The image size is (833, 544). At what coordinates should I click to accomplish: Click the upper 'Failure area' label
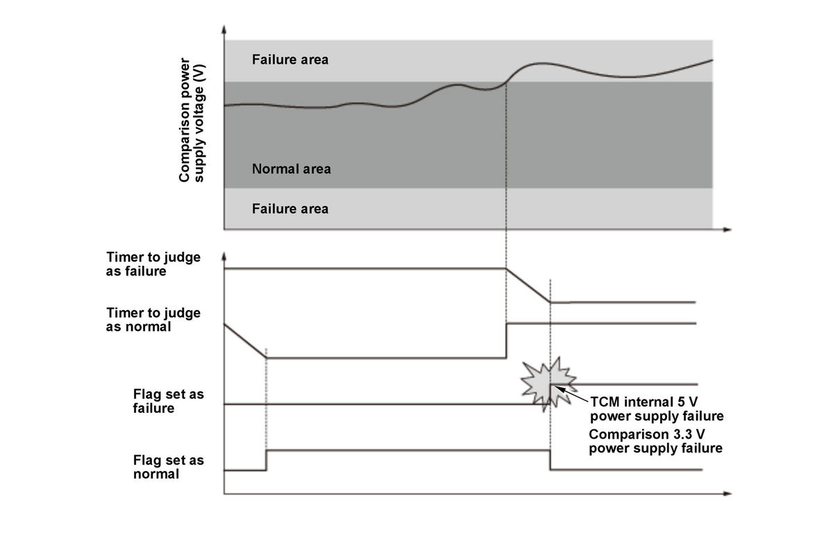tap(290, 60)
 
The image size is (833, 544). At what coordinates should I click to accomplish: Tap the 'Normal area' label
tap(292, 169)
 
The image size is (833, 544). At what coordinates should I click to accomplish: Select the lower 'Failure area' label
tap(290, 208)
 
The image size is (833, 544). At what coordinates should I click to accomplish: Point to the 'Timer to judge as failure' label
tap(153, 264)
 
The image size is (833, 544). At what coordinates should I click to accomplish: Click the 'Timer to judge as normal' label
tap(153, 319)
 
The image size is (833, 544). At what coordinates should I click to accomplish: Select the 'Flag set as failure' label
tap(168, 401)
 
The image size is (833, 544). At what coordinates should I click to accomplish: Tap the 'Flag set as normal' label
tap(168, 466)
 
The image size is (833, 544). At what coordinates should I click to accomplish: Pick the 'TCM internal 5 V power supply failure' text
tap(656, 409)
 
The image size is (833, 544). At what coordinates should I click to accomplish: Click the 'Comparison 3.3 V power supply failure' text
tap(656, 441)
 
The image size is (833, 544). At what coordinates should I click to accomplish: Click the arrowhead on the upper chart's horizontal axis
tap(727, 229)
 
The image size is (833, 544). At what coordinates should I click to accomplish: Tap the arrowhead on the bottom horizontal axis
tap(727, 494)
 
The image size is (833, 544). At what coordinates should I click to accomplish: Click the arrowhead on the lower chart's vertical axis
tap(224, 257)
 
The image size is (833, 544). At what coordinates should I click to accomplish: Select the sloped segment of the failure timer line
tap(528, 285)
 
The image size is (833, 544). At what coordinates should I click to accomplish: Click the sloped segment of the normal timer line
tap(244, 340)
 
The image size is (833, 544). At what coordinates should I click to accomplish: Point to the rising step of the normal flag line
tap(267, 460)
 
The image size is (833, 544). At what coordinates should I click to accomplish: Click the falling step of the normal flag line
tap(550, 460)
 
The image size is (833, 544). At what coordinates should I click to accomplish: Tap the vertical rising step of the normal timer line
tap(507, 340)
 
